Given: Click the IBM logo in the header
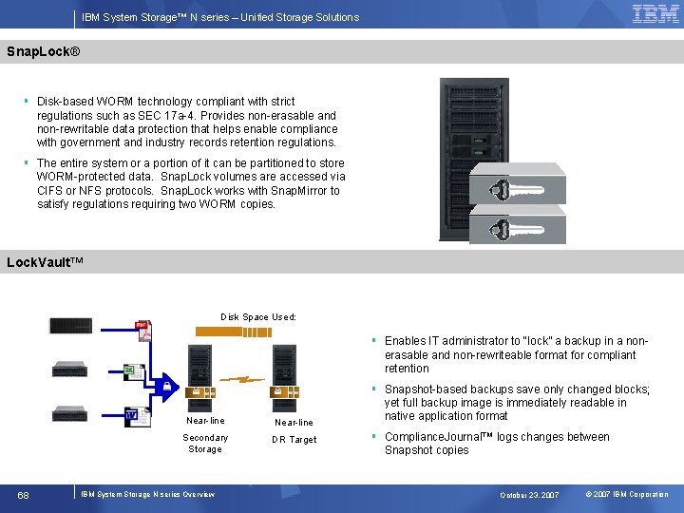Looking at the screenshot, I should pos(655,13).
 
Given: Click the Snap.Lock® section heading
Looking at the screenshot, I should pos(43,50).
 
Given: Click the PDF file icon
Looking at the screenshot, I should pos(143,330).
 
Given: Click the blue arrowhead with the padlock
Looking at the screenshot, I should pos(165,386).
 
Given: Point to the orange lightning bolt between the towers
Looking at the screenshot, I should pos(249,379).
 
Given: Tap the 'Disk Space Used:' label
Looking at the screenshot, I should pos(258,316).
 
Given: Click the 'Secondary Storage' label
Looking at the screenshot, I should pos(205,444).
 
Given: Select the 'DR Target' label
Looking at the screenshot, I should pos(294,440).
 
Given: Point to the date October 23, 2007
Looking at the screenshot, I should pos(530,495).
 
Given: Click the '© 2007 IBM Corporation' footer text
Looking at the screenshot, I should pos(627,495).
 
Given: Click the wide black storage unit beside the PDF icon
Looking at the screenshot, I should pos(71,325).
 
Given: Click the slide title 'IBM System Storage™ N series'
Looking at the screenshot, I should pos(219,17).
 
